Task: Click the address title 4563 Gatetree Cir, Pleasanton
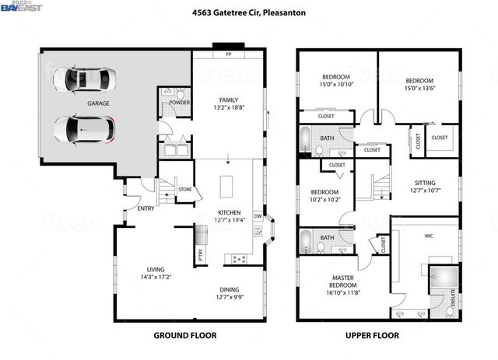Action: click(x=249, y=13)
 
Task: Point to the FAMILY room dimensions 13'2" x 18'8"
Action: click(x=228, y=109)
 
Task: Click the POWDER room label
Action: click(x=180, y=102)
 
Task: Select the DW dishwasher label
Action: click(x=257, y=217)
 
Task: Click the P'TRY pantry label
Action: click(x=200, y=253)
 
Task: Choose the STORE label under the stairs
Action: click(x=184, y=189)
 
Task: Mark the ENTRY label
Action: click(x=146, y=208)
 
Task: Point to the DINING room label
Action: click(x=228, y=288)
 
